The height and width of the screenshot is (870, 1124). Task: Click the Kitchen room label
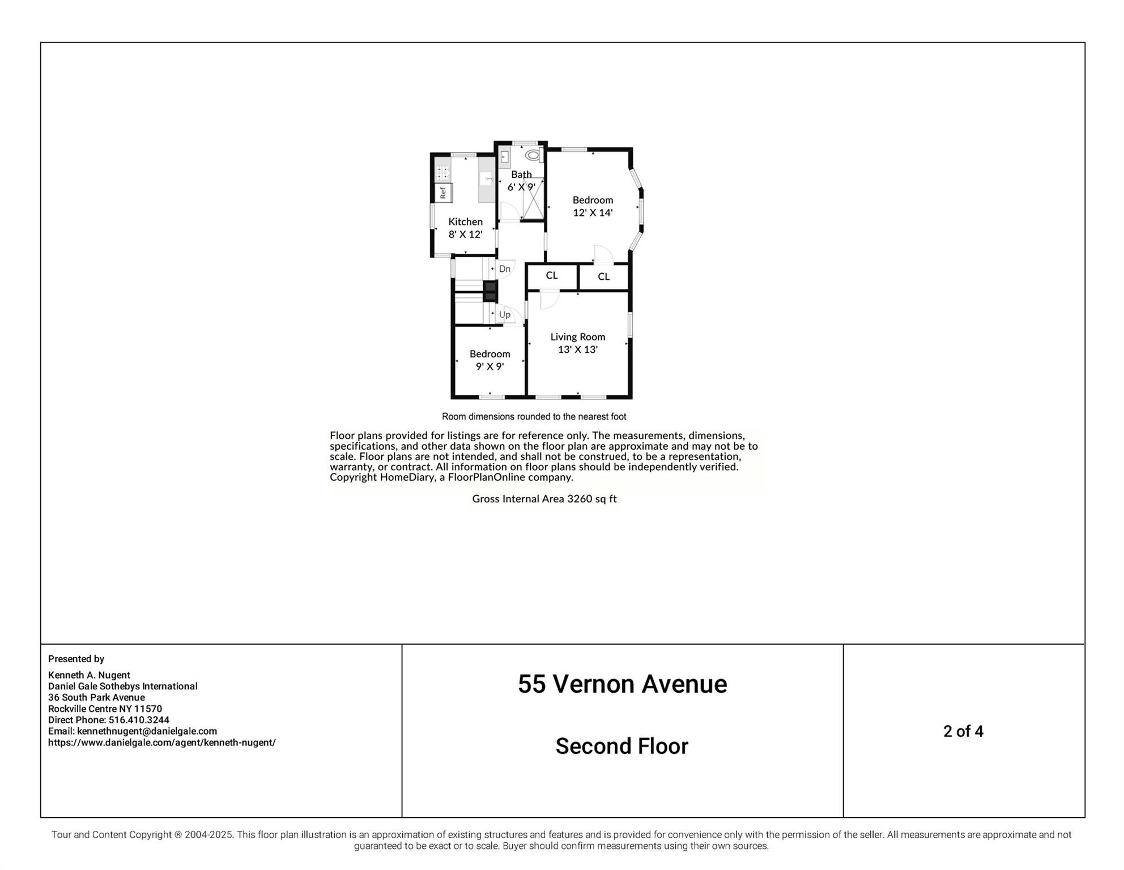click(465, 221)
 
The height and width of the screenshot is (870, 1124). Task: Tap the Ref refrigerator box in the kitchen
click(443, 193)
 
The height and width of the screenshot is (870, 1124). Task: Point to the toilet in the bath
click(532, 155)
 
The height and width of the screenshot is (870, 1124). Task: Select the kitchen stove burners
click(443, 172)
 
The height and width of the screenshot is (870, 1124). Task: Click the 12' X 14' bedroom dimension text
click(593, 213)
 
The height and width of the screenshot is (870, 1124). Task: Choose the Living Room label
click(577, 336)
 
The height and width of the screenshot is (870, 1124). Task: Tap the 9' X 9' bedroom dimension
click(489, 366)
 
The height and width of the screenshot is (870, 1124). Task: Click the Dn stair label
click(504, 269)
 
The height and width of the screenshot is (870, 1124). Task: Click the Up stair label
click(504, 314)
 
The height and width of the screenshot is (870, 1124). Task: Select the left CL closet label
click(552, 275)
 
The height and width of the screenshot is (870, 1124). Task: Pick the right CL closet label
click(603, 276)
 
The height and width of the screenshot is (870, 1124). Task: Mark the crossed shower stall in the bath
click(533, 199)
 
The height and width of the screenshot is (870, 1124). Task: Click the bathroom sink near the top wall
click(504, 157)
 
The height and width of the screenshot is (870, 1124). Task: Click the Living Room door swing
click(548, 299)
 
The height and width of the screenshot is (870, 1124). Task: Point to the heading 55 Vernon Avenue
click(622, 684)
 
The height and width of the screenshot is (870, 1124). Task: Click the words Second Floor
click(621, 746)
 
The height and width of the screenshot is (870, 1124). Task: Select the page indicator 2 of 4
click(963, 731)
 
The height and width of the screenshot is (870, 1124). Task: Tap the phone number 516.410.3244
click(139, 720)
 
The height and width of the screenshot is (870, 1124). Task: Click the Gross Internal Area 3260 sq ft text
click(544, 498)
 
